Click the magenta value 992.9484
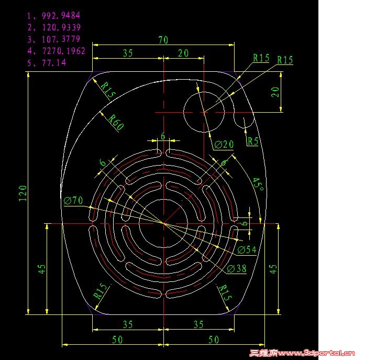(x=61, y=16)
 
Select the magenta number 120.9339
(x=61, y=27)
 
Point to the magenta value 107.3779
(x=61, y=39)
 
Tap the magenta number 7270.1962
(x=64, y=51)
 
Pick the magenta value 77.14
(x=54, y=63)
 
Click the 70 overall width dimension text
(x=163, y=40)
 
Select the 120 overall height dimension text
(x=23, y=193)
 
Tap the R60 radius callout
(x=116, y=122)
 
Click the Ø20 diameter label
(x=224, y=145)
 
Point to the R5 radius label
(x=253, y=141)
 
